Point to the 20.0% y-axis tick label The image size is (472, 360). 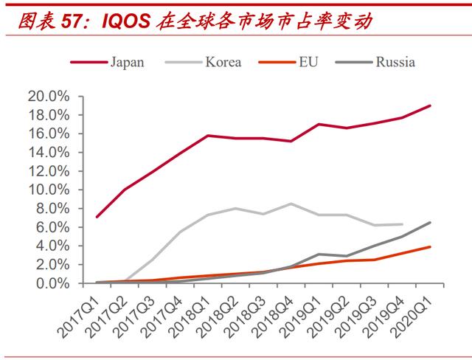pos(48,97)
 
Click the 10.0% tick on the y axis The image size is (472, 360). pos(48,190)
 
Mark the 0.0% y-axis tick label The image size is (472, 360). pos(51,283)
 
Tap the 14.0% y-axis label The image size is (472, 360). pos(48,153)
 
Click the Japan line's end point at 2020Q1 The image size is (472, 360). pos(430,105)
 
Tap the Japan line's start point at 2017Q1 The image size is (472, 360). pos(97,217)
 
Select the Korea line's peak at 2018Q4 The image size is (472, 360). pos(291,204)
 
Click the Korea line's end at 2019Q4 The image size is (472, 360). pos(402,224)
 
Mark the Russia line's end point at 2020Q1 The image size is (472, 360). pos(430,222)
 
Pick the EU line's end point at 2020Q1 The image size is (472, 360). pos(430,247)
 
